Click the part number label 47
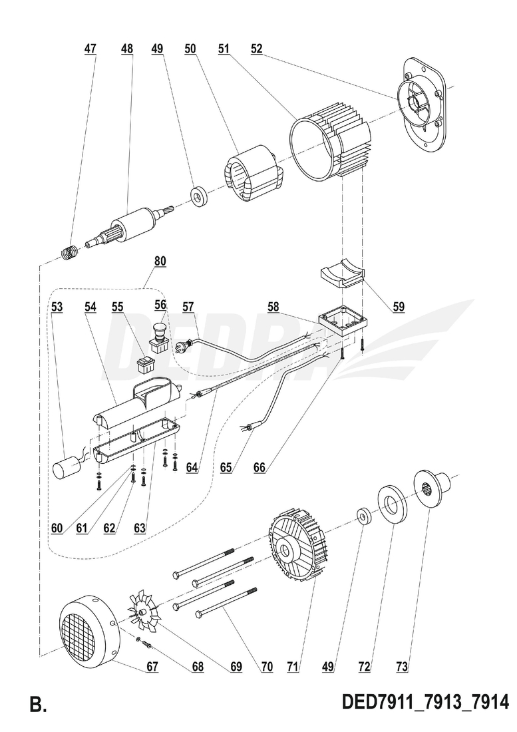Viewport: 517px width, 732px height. [90, 49]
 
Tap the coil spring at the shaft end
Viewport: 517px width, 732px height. [69, 253]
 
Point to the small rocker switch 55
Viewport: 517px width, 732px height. [144, 364]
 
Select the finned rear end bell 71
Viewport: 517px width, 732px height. [297, 547]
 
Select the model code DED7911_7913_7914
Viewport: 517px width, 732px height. [425, 702]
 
